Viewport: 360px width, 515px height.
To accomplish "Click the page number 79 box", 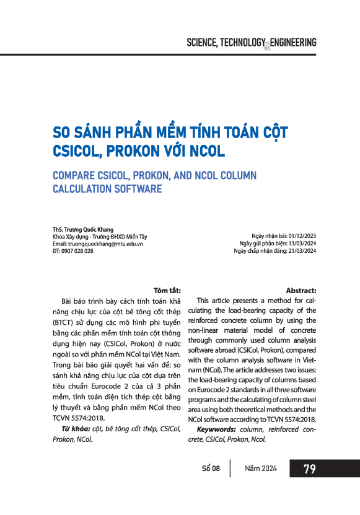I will tap(310, 469).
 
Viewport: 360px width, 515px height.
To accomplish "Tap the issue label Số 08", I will tap(211, 469).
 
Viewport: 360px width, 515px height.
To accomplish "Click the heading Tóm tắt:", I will tap(167, 290).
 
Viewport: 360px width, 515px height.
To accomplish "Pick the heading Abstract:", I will tap(301, 290).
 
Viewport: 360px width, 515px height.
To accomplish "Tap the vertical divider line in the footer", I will tap(230, 469).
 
